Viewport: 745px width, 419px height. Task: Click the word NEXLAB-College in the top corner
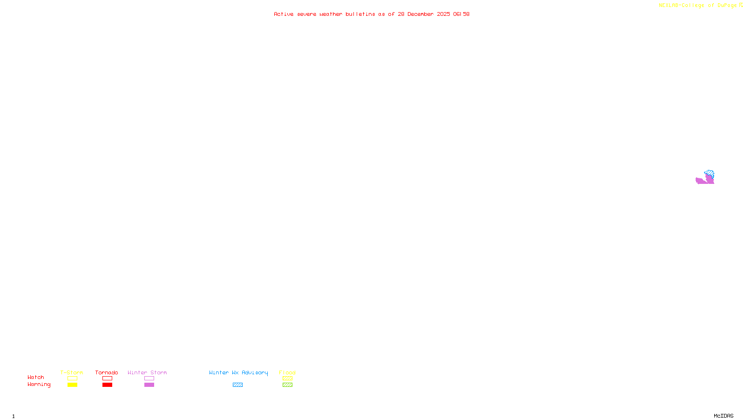(x=681, y=6)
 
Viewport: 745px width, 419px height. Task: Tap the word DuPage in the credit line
(x=727, y=6)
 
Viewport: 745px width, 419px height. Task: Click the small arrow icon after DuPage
(x=741, y=5)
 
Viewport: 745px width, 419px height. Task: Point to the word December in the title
(x=420, y=14)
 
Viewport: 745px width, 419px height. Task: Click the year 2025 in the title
(x=443, y=14)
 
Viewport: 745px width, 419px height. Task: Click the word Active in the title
(x=284, y=14)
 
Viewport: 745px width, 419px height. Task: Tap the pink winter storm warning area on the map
(x=702, y=181)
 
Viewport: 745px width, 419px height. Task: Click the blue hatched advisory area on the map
(x=709, y=173)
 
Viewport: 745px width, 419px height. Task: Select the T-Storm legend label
(x=72, y=372)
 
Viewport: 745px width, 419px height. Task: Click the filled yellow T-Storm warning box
(x=72, y=385)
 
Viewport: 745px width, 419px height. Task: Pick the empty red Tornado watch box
(x=107, y=378)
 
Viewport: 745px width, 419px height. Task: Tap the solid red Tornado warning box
(x=107, y=385)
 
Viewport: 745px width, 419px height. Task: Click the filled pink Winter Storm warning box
(x=149, y=385)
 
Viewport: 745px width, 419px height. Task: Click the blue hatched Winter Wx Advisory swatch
(x=237, y=385)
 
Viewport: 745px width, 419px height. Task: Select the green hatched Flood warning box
(x=287, y=385)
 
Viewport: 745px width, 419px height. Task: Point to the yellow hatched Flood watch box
(x=287, y=378)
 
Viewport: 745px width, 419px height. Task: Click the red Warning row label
(x=39, y=385)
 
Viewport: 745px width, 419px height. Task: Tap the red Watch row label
(x=36, y=378)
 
